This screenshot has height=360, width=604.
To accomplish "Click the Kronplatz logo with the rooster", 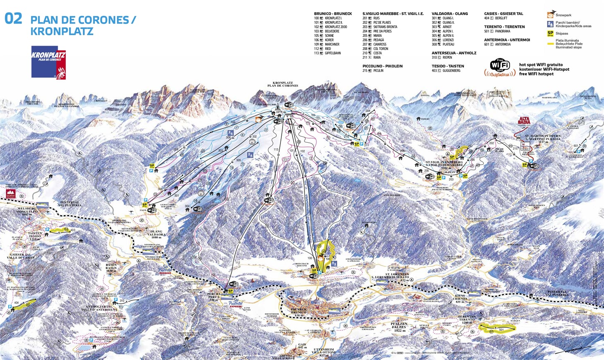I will (48, 62).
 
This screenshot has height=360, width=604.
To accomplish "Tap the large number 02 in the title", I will (13, 19).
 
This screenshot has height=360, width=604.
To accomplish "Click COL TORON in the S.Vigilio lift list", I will (381, 49).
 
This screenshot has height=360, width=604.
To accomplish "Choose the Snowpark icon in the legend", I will (550, 15).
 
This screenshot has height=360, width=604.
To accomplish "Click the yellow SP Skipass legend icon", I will (550, 33).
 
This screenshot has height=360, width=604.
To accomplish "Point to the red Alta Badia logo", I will (524, 120).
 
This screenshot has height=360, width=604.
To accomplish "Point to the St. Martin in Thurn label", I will (543, 138).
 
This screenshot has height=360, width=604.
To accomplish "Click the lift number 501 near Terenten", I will (501, 330).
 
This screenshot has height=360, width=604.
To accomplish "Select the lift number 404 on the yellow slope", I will (17, 303).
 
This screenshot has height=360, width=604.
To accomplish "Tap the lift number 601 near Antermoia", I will (576, 146).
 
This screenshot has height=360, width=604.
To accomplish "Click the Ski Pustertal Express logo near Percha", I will (235, 303).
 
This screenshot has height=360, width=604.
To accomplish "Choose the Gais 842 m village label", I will (302, 346).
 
